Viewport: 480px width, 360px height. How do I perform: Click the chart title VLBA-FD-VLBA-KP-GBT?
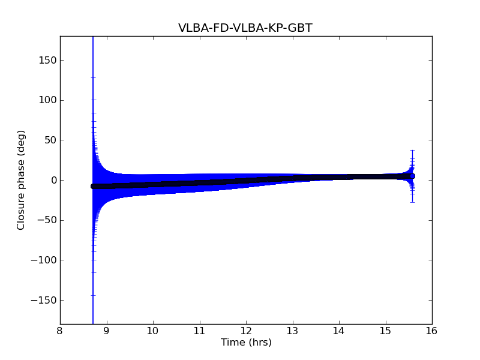(245, 28)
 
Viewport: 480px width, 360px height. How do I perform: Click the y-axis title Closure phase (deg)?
(22, 180)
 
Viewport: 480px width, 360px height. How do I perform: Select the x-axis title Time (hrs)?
(246, 343)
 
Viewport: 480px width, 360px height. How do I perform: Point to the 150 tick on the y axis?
(48, 60)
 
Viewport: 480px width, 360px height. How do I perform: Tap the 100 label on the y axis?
(48, 100)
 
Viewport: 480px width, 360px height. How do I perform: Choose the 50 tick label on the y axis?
(50, 140)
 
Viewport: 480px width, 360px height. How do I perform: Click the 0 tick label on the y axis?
(53, 180)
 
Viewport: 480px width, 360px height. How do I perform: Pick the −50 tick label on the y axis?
(47, 220)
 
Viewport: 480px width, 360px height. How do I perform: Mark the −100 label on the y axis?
(45, 260)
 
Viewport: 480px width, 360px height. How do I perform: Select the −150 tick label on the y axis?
(45, 300)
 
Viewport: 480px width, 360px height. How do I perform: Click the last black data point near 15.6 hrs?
(412, 176)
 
